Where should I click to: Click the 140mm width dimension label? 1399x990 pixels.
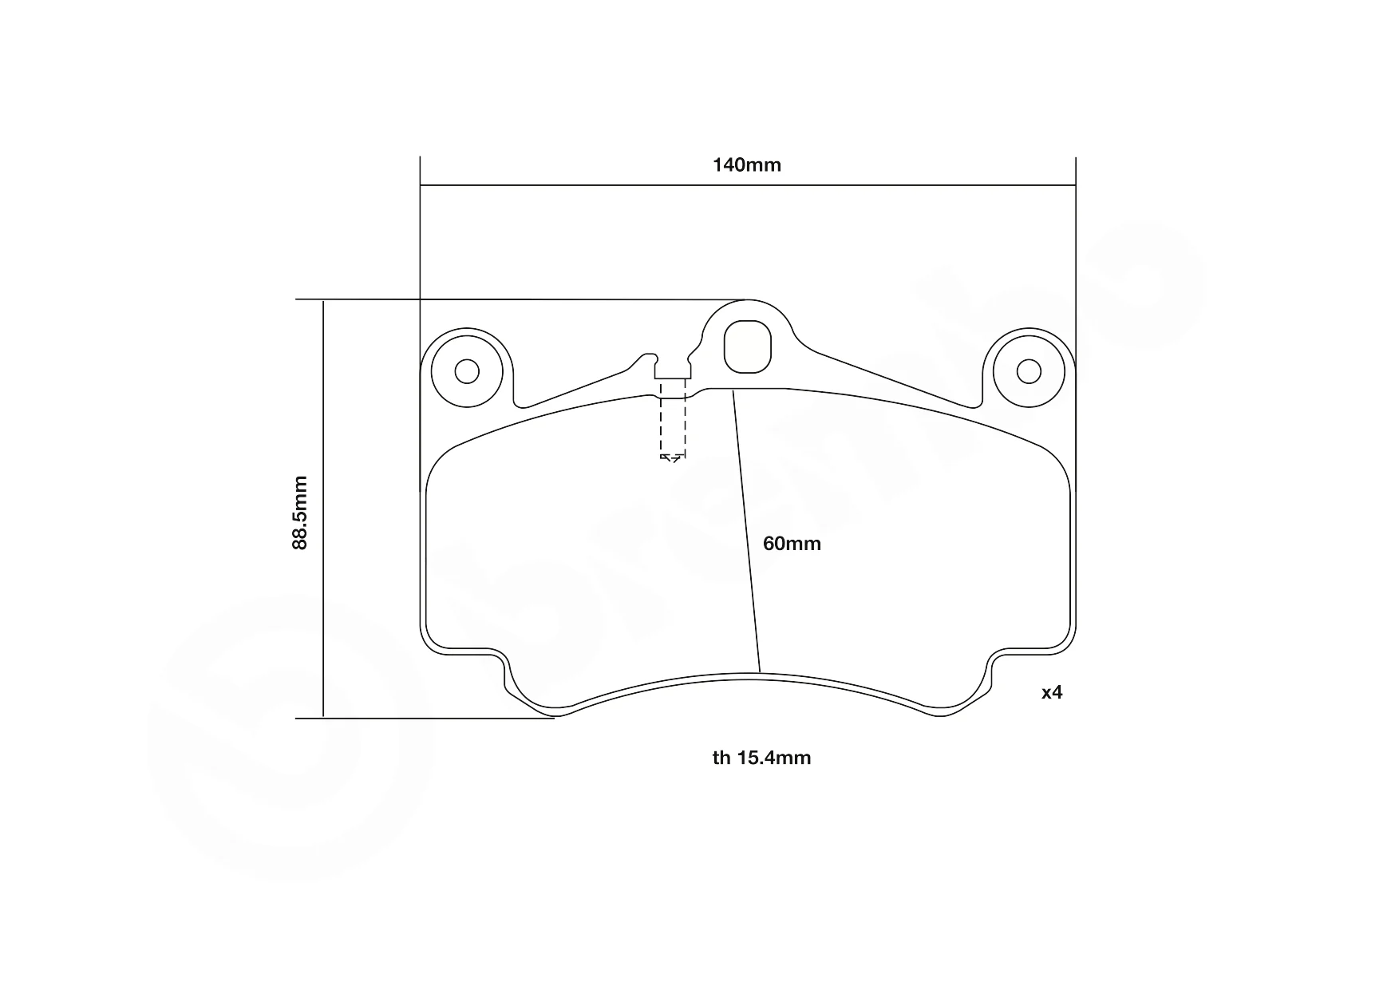coord(746,165)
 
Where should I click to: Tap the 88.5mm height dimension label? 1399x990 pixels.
coord(299,513)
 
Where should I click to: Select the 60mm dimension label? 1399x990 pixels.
coord(792,544)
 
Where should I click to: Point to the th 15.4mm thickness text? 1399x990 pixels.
coord(761,758)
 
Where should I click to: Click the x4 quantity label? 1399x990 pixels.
coord(1052,692)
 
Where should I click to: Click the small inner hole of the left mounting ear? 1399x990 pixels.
coord(467,371)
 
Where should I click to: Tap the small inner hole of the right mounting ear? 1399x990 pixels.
coord(1029,371)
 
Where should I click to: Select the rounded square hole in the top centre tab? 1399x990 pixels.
coord(748,346)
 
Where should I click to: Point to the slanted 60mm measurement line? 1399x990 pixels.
coord(746,531)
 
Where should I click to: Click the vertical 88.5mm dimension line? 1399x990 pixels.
coord(323,509)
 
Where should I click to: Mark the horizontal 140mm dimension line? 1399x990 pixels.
coord(748,186)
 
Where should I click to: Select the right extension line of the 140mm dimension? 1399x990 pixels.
coord(1076,263)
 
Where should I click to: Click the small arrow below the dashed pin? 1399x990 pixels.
coord(671,458)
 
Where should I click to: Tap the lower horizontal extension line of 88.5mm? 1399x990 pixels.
coord(425,719)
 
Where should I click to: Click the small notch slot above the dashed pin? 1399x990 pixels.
coord(673,370)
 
